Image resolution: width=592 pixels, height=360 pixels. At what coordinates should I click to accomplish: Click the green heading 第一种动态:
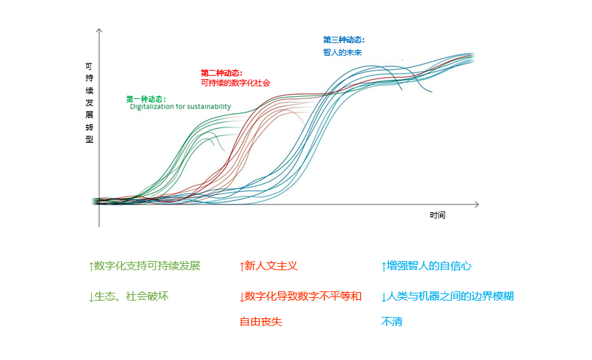146,98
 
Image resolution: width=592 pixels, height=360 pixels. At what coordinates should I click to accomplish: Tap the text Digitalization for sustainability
180,107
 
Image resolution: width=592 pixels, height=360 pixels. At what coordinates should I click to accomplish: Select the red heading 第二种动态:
221,73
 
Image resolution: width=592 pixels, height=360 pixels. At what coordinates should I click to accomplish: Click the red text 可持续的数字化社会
235,83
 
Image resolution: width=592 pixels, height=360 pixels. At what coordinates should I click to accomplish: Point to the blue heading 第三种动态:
344,40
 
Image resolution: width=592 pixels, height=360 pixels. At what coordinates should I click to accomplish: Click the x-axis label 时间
438,215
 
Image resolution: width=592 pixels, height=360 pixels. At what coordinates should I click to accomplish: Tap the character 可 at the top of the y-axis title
89,66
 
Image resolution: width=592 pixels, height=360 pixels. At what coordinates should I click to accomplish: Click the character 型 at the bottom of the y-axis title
89,139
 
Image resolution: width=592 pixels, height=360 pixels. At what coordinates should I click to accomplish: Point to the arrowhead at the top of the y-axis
99,32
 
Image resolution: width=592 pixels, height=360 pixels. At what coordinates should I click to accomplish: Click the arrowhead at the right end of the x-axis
476,204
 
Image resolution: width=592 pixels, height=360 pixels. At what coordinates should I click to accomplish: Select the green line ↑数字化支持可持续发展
144,267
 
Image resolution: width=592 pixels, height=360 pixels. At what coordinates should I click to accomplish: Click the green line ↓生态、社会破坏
128,297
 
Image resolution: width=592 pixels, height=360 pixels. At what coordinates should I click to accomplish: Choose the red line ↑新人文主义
268,267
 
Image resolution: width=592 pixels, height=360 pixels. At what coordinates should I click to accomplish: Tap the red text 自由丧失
260,322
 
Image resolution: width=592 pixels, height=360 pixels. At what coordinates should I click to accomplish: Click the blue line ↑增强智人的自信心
426,267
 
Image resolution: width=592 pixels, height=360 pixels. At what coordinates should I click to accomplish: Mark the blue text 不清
392,322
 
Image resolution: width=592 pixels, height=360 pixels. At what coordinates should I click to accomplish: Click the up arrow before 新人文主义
242,267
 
